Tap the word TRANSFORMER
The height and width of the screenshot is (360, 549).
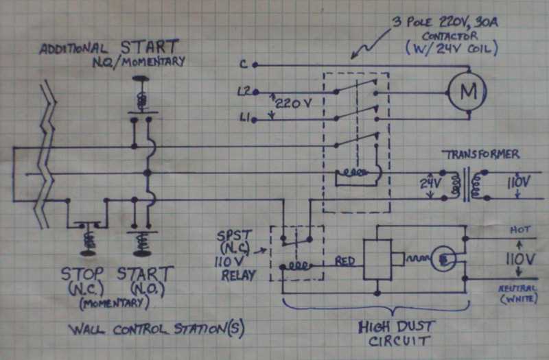click(x=480, y=154)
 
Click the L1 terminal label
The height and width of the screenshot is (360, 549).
click(x=244, y=119)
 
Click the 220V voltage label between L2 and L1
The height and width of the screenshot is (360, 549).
click(x=290, y=104)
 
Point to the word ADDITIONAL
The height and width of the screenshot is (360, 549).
click(x=73, y=49)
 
